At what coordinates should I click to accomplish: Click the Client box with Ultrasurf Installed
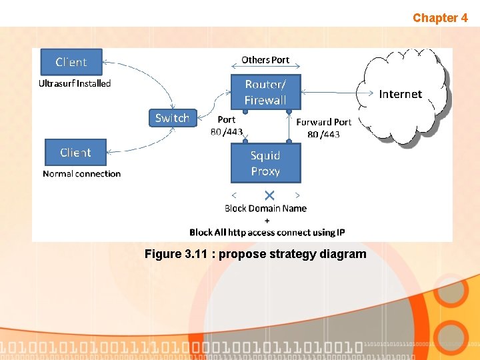[x=71, y=62]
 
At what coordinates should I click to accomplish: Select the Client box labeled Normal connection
[x=75, y=153]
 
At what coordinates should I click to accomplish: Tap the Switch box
[x=172, y=118]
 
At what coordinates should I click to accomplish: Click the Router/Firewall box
[x=265, y=92]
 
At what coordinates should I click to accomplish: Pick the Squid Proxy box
[x=265, y=163]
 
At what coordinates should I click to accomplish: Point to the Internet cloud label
[x=400, y=94]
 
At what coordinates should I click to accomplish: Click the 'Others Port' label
[x=265, y=60]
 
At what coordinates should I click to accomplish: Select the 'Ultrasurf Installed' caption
[x=75, y=83]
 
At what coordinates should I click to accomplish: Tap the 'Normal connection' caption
[x=81, y=174]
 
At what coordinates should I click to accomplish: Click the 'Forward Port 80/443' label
[x=323, y=128]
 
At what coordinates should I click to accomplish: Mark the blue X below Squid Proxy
[x=269, y=195]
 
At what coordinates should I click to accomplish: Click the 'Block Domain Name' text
[x=265, y=208]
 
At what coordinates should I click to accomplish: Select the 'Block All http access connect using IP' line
[x=267, y=233]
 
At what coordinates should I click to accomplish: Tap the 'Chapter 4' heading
[x=440, y=18]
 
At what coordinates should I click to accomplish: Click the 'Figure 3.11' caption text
[x=255, y=254]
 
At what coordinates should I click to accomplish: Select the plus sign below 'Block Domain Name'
[x=267, y=220]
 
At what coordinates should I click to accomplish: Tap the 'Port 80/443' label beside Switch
[x=227, y=126]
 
